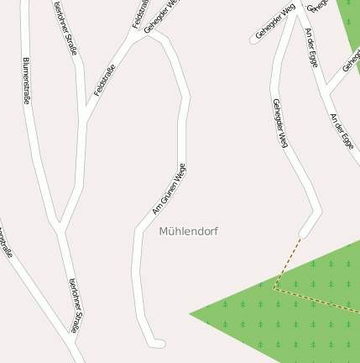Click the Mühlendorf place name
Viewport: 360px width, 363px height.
(x=188, y=230)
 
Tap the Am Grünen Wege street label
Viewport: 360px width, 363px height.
(x=169, y=188)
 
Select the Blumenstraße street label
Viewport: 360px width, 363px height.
(x=27, y=81)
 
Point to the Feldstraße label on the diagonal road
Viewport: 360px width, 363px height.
(x=104, y=75)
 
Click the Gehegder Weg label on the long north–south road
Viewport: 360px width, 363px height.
(x=280, y=124)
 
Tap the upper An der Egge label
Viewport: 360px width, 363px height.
(x=312, y=46)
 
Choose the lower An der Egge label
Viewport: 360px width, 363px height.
(x=342, y=131)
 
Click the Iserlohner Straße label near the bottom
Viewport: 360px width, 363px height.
(x=75, y=306)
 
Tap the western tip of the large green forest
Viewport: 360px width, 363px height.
(x=191, y=314)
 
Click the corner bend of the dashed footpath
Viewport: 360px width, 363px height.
(x=274, y=288)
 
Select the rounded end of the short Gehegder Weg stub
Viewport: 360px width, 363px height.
(x=253, y=39)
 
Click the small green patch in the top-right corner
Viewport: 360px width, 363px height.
(x=349, y=21)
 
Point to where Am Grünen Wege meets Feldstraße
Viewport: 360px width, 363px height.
(x=151, y=35)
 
